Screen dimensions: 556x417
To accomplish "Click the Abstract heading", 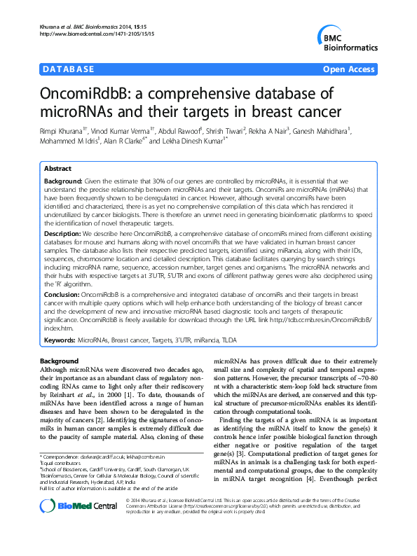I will point(57,169).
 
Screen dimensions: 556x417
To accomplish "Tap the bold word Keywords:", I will point(60,340).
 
